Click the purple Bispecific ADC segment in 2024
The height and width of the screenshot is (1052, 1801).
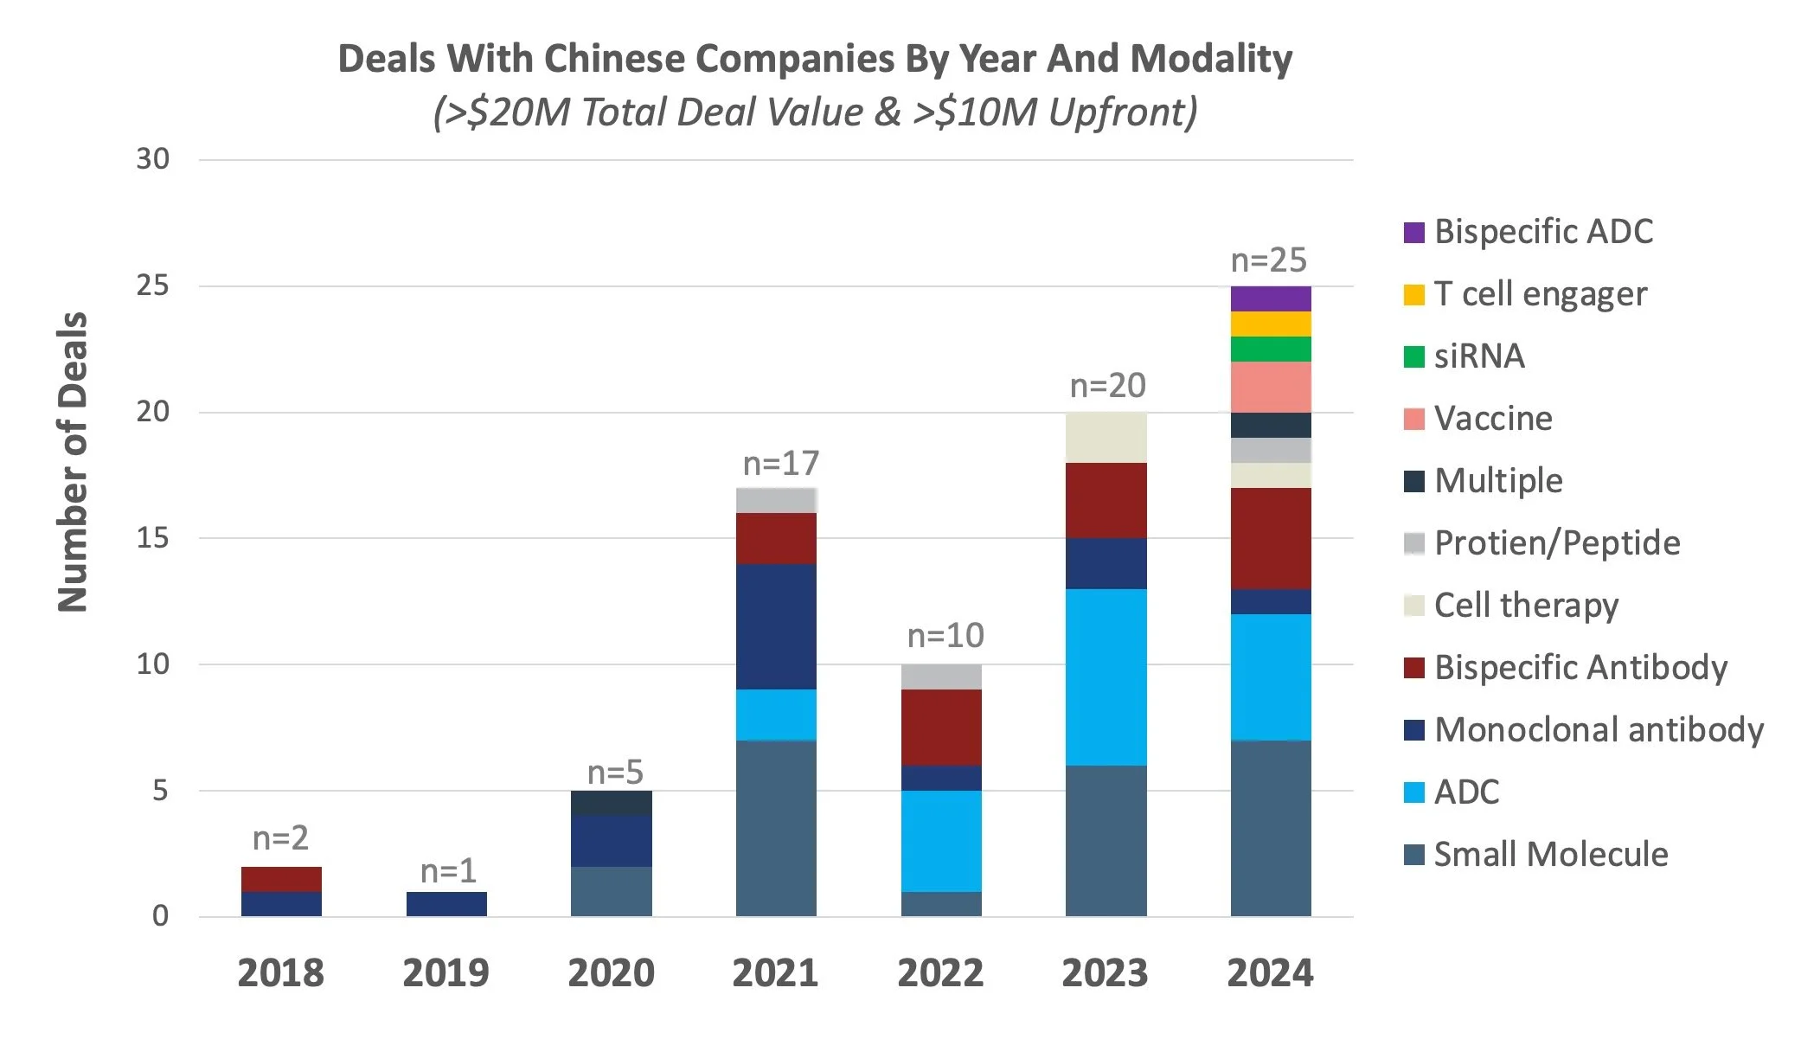pos(1270,298)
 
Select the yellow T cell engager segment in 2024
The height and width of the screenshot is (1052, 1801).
pos(1270,324)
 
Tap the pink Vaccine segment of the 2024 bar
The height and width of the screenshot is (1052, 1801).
pos(1270,387)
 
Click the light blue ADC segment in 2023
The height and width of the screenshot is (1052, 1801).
pos(1106,677)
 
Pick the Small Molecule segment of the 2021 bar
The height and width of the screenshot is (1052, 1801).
pos(776,828)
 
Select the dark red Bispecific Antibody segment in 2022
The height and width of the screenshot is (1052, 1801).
pos(941,727)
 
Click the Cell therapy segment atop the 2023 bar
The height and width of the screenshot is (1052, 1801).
pos(1106,437)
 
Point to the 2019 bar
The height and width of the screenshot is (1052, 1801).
pos(446,903)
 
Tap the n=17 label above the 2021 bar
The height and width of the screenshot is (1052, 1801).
pos(780,464)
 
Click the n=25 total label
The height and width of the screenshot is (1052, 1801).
pos(1268,260)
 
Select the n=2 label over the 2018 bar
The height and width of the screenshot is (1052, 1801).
pos(280,837)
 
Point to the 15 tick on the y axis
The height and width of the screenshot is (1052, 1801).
pos(153,538)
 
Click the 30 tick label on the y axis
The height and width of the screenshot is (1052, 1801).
pos(153,159)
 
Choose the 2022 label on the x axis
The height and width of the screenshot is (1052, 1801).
pos(940,973)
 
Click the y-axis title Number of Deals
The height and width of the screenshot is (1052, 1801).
pos(73,462)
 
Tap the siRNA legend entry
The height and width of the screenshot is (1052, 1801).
pos(1478,356)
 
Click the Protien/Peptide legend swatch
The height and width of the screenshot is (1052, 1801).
pos(1413,543)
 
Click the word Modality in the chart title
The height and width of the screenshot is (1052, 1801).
pos(1211,59)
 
